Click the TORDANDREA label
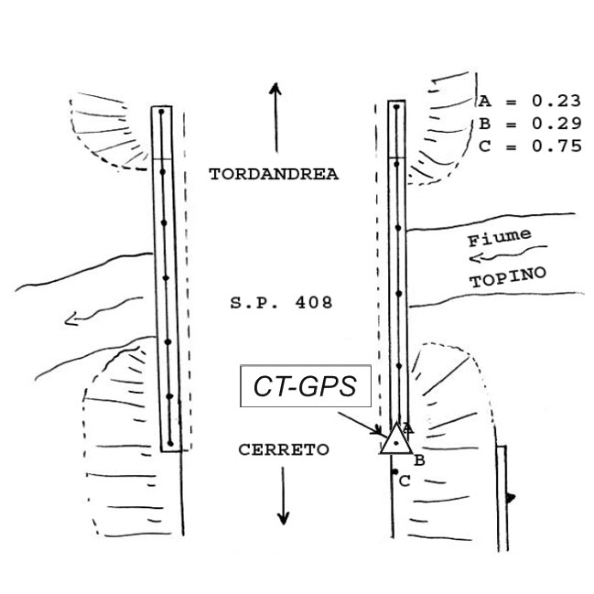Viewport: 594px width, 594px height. tap(274, 174)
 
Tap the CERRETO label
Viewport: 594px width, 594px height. tap(284, 449)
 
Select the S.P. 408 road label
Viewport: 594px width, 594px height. tap(282, 303)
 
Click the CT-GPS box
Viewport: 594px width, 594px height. tap(306, 386)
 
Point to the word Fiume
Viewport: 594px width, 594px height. tap(500, 238)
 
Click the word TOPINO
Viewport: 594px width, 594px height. tap(508, 277)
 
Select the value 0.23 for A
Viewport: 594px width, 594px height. tap(556, 102)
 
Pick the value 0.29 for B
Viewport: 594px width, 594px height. tap(556, 124)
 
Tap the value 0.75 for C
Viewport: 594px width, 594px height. tap(556, 146)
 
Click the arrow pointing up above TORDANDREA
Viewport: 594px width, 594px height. tap(275, 117)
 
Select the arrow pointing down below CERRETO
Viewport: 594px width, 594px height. tap(283, 496)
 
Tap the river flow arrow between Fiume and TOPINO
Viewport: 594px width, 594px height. tap(508, 254)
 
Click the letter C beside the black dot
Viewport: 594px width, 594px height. tap(405, 481)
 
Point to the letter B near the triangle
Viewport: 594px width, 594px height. tap(419, 460)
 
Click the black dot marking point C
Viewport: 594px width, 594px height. tap(395, 471)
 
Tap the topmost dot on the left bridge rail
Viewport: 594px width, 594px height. tap(161, 112)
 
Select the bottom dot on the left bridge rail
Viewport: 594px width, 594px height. tap(170, 443)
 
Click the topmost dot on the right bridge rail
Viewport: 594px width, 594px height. tap(396, 107)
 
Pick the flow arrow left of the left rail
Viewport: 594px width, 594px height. tap(103, 310)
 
